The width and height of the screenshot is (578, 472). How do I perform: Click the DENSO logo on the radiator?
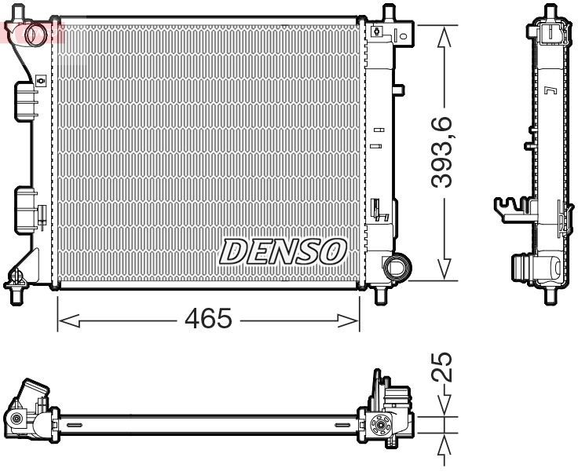[284, 251]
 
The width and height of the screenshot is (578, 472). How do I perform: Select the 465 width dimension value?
[209, 320]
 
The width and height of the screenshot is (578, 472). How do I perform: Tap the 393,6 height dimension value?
[445, 152]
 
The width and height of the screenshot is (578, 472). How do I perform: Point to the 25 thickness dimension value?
[445, 367]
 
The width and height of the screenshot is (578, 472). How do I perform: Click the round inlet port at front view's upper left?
[35, 34]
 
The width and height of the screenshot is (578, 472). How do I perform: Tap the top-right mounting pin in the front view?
[387, 14]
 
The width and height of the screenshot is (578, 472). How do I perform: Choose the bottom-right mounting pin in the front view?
[381, 297]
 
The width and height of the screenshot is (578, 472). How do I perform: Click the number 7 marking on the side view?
[550, 91]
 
